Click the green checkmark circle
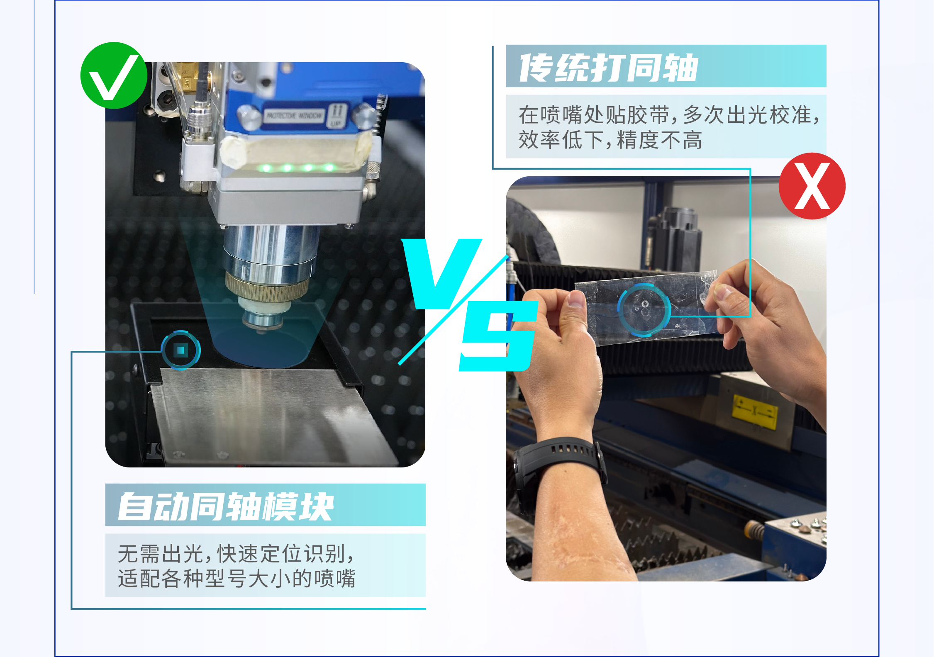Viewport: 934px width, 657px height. point(114,75)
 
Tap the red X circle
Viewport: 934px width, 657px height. point(812,186)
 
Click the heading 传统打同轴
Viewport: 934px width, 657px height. point(609,68)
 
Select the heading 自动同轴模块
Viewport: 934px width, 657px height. point(226,506)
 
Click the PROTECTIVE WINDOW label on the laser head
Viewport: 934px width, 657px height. point(294,116)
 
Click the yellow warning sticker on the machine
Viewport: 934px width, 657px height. point(754,413)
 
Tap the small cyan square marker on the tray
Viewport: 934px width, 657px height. point(180,350)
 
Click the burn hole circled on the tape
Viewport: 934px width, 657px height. point(645,304)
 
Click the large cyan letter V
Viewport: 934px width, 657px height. point(442,274)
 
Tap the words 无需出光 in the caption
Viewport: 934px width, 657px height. point(161,553)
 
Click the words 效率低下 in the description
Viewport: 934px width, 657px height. point(561,140)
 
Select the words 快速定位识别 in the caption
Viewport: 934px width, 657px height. point(282,553)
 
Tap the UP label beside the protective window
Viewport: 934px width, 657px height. point(336,124)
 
